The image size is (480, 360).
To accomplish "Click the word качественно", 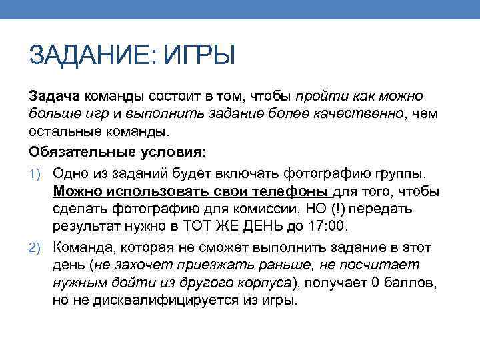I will pos(364,114).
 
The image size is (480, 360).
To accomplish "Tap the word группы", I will pos(399,174).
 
